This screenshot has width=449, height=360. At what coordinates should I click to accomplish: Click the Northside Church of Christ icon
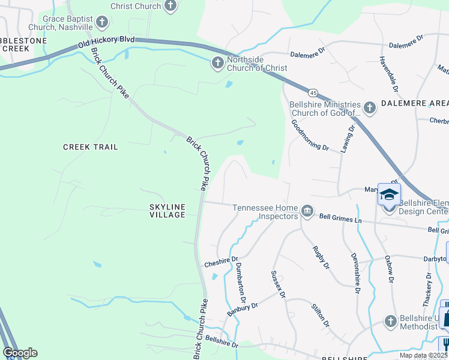point(218,62)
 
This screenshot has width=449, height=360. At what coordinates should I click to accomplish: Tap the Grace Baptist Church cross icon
point(101,23)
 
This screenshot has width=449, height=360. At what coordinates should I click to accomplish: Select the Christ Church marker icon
point(170,7)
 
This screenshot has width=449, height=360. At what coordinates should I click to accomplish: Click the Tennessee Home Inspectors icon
point(307,209)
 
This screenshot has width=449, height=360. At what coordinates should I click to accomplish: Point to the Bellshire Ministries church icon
point(369,108)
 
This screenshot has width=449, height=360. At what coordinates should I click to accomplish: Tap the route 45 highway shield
point(313,93)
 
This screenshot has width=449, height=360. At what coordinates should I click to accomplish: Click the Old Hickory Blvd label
point(106,41)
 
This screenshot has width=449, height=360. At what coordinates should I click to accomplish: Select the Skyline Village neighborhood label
point(167,211)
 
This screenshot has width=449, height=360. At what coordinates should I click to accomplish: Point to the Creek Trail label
point(91,147)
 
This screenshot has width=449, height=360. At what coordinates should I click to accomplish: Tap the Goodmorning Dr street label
point(310,135)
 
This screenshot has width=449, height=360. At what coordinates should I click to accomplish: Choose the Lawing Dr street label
point(348,139)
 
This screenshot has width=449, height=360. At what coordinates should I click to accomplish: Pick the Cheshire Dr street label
point(217,262)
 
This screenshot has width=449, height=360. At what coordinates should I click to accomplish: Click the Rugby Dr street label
point(321,256)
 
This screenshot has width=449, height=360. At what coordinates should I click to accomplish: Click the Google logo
point(20,353)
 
